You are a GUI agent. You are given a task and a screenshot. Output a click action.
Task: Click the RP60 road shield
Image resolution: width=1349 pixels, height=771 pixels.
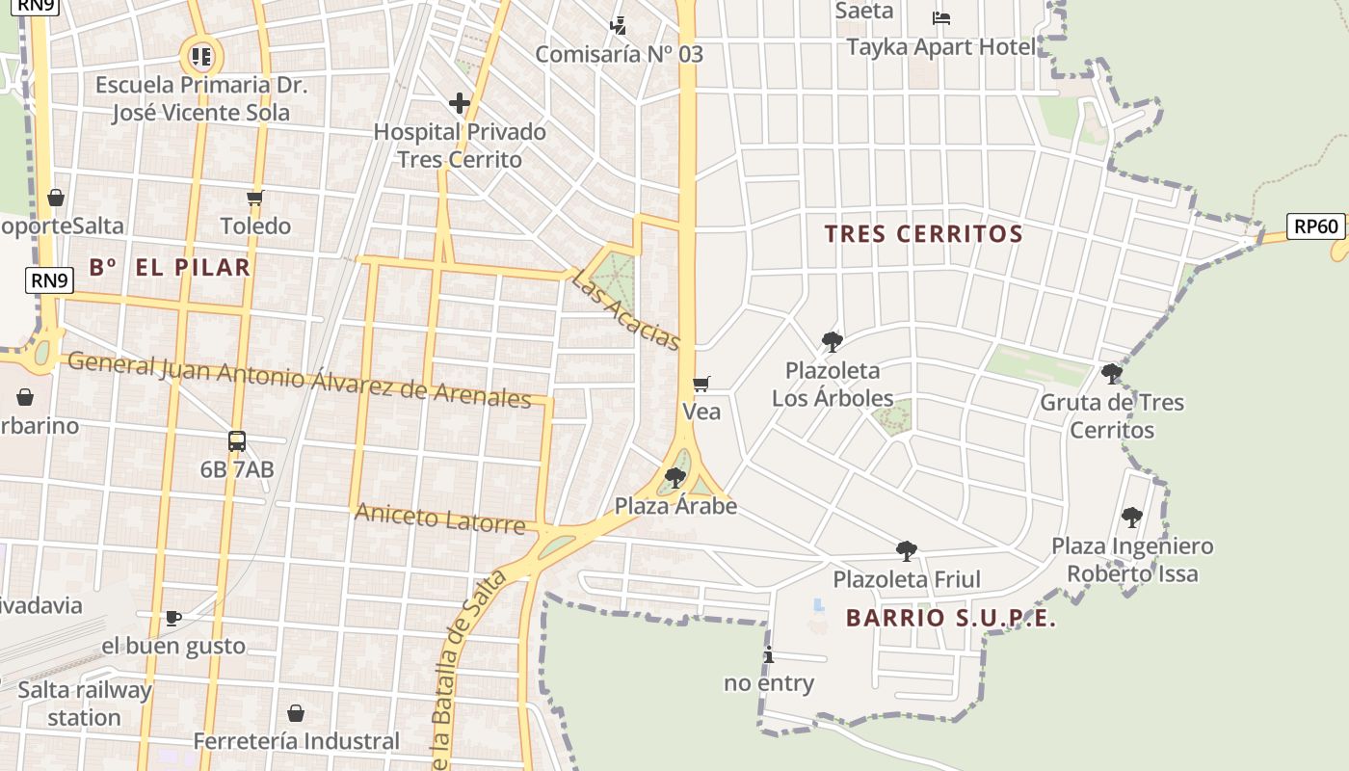coord(1316,226)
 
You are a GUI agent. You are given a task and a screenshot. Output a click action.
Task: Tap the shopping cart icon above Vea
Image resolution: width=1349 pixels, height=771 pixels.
coord(701,384)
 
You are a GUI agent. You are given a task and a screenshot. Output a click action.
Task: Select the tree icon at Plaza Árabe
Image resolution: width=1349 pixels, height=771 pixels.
coord(675,477)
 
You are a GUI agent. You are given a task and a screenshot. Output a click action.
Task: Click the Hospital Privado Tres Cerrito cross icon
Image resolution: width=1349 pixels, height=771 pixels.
coord(460,103)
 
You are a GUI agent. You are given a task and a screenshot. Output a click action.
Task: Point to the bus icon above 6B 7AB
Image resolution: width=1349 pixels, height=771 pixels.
coord(237,441)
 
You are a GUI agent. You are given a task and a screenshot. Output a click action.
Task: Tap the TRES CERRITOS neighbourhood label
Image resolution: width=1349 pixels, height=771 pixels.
coord(923,233)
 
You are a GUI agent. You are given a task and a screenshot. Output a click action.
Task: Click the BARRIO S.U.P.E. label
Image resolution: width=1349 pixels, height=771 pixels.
coord(950,619)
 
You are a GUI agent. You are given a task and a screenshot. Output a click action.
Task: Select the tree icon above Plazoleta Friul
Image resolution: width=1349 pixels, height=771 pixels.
coord(906,551)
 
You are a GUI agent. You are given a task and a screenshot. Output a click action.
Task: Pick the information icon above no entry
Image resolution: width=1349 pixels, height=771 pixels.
coord(768,655)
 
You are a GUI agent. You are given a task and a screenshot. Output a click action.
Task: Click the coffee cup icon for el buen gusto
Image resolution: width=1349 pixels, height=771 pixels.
coord(173,618)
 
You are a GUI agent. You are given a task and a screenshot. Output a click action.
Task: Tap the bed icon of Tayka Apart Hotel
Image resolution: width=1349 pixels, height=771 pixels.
coord(941,18)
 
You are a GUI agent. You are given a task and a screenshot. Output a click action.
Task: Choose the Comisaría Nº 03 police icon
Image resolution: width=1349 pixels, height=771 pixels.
coord(619,25)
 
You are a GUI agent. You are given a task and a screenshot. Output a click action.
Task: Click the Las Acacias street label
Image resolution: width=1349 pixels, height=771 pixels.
coord(625,309)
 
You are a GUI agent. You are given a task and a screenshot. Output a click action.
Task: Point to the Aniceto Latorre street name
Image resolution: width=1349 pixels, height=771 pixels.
coord(439,518)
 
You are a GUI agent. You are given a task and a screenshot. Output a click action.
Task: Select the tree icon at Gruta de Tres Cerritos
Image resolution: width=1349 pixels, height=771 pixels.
coord(1112,374)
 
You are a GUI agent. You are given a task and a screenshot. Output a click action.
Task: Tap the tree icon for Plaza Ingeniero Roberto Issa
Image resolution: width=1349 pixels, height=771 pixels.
coord(1132,518)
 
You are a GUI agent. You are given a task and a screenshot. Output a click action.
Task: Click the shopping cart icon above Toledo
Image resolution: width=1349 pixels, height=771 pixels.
coord(255,199)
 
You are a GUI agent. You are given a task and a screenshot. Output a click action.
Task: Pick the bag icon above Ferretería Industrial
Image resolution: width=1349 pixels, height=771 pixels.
coord(296,713)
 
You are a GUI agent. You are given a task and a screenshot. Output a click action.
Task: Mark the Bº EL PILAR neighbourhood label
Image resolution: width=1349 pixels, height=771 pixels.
coord(170,267)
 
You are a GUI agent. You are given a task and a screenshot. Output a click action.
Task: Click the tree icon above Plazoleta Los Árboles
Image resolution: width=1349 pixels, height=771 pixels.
coord(832,341)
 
